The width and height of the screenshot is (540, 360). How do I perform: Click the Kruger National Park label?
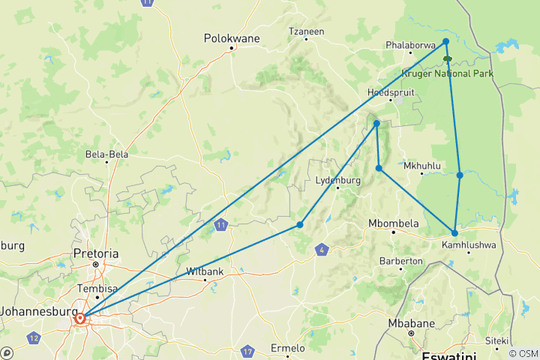446,73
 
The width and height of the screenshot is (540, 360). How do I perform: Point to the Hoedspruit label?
390,92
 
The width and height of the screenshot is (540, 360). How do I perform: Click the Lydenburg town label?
338,180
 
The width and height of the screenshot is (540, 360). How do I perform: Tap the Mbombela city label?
392,223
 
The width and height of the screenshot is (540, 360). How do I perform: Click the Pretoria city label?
96,254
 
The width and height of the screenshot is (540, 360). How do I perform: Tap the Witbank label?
203,271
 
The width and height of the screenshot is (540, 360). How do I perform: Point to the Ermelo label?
287,348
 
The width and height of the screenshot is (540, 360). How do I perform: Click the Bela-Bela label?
107,154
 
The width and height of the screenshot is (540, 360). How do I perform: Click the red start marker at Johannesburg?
80,319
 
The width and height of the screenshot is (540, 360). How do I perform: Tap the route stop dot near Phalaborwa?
446,41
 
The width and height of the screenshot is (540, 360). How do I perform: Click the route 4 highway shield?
322,249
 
